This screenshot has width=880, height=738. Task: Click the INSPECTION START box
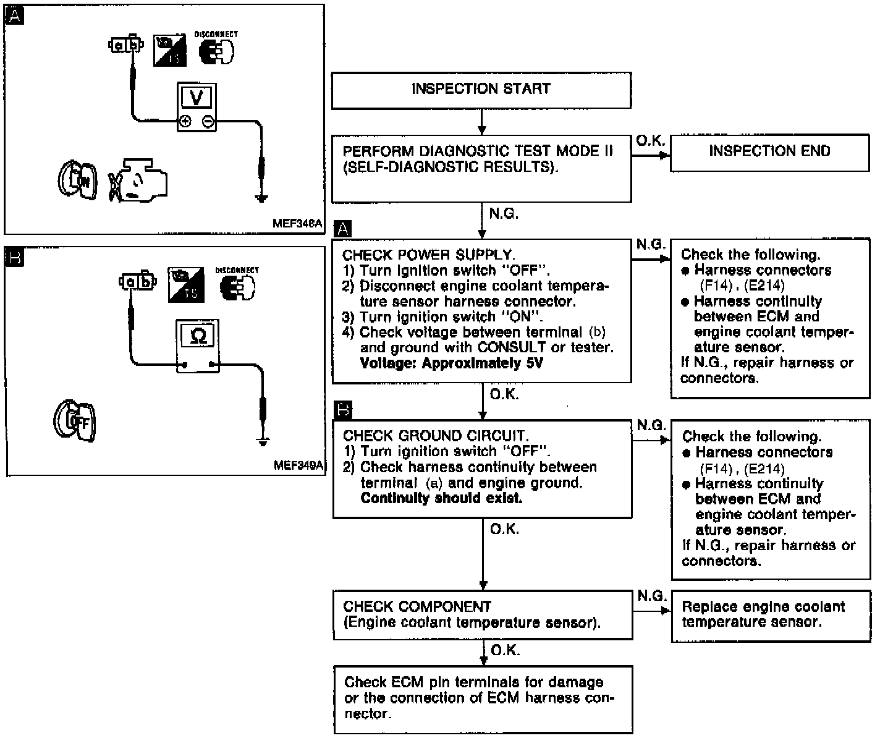[x=481, y=90]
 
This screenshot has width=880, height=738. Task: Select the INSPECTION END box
[x=769, y=152]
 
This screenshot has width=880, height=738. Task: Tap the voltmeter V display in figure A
[x=197, y=98]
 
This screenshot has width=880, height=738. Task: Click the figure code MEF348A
[x=297, y=224]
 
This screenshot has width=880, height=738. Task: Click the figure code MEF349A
[x=298, y=465]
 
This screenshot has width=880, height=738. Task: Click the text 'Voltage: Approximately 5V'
[x=451, y=363]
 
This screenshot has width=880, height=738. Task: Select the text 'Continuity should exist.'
[x=441, y=498]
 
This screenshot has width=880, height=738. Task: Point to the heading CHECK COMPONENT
[x=417, y=607]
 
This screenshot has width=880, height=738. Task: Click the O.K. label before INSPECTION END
[x=650, y=141]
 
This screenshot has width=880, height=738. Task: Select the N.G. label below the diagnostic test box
[x=504, y=214]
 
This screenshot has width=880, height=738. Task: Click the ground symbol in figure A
[x=261, y=198]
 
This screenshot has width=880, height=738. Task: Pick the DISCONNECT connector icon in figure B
[x=237, y=286]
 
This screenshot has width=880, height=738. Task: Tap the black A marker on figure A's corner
[x=14, y=17]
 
